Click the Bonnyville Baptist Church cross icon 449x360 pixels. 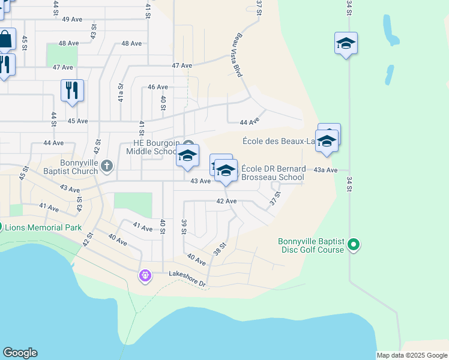pyautogui.click(x=107, y=165)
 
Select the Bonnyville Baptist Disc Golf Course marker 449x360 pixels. pyautogui.click(x=354, y=244)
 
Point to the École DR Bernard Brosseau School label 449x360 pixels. pyautogui.click(x=274, y=173)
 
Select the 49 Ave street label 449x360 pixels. pyautogui.click(x=72, y=19)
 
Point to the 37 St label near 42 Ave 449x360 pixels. pyautogui.click(x=276, y=197)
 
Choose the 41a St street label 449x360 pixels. pyautogui.click(x=121, y=94)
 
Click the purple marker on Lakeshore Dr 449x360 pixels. pyautogui.click(x=144, y=276)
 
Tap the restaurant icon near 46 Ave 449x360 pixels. pyautogui.click(x=72, y=90)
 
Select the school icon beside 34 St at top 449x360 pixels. pyautogui.click(x=346, y=43)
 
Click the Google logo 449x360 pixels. pyautogui.click(x=20, y=353)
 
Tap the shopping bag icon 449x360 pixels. pyautogui.click(x=5, y=40)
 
